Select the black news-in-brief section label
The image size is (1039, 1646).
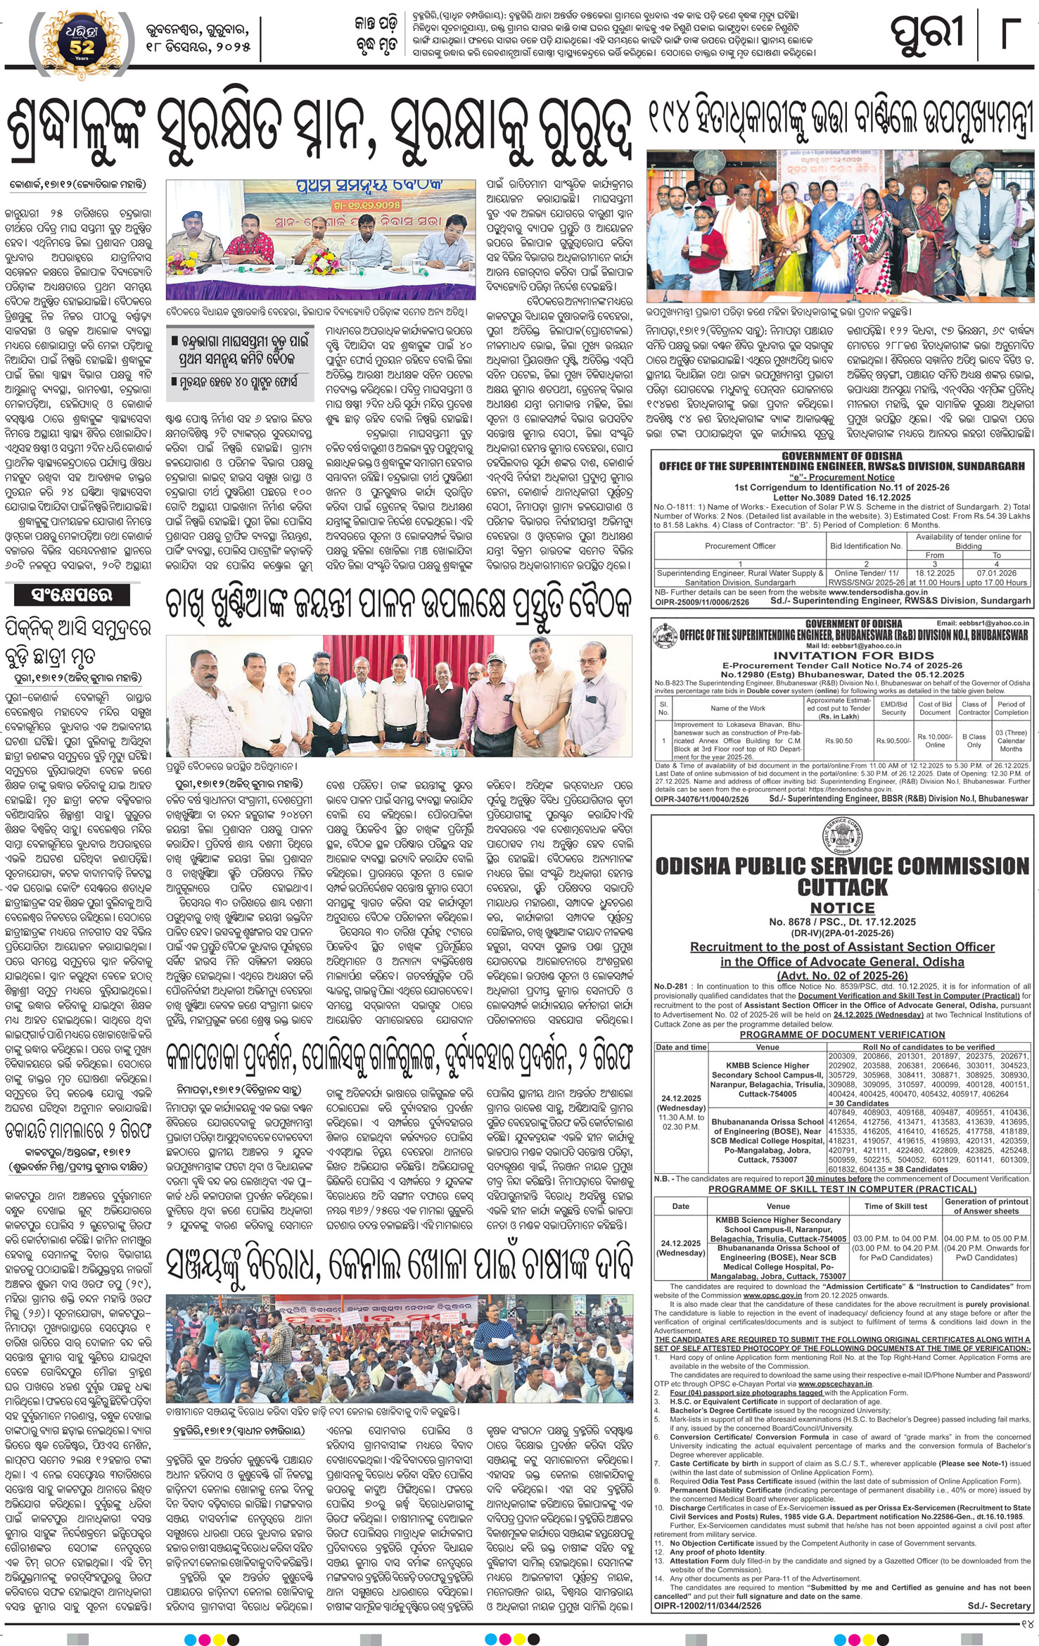(72, 595)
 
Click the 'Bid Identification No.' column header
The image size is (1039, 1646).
(866, 545)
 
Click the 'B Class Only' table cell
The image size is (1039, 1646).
(974, 740)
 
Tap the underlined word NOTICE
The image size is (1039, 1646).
(842, 908)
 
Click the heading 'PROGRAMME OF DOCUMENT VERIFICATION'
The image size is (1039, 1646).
(842, 1034)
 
